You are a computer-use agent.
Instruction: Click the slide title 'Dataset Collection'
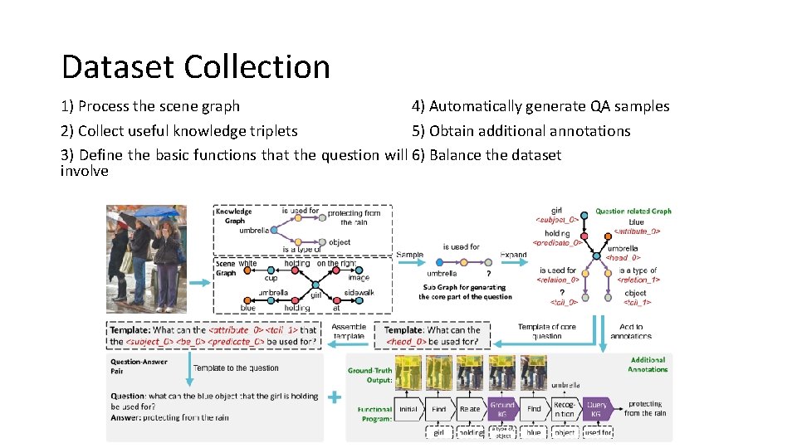coord(195,66)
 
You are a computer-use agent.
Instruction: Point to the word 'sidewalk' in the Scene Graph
coord(359,292)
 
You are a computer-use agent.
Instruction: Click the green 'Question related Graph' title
coord(633,212)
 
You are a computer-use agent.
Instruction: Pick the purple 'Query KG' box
coord(596,408)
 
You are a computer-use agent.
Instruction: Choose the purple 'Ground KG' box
coord(501,408)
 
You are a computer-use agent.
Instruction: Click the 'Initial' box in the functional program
coord(408,409)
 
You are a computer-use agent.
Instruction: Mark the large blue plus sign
coord(335,397)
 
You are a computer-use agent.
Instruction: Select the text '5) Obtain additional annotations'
coord(521,131)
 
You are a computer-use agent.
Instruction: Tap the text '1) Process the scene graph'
coord(150,106)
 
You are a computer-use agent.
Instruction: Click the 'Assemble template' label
coord(349,331)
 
